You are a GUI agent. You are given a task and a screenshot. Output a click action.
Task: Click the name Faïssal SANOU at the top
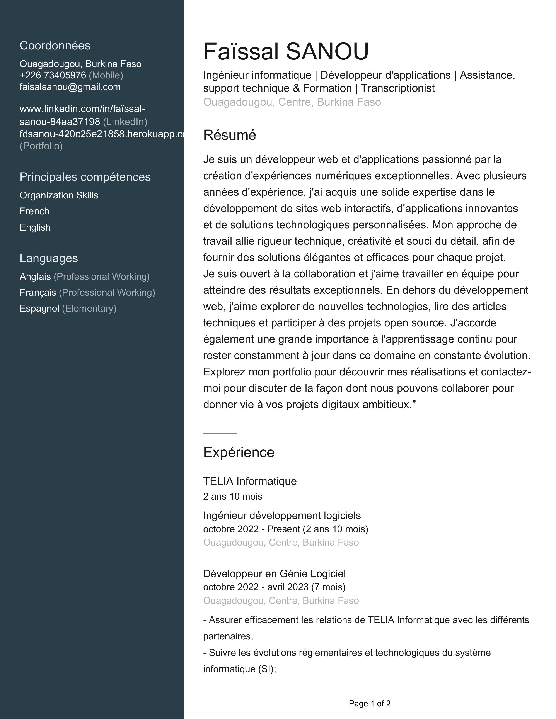point(286,52)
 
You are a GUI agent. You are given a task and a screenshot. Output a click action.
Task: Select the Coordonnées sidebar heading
point(55,46)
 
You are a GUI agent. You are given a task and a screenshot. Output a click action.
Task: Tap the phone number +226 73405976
point(53,75)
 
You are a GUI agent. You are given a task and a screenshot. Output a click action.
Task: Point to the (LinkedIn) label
point(125,122)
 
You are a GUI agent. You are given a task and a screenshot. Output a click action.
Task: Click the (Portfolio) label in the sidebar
point(41,146)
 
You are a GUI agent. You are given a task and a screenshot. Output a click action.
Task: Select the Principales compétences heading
point(85,177)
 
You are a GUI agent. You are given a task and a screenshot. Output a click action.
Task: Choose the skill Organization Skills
point(59,195)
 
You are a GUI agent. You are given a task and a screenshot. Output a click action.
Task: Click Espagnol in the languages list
point(39,309)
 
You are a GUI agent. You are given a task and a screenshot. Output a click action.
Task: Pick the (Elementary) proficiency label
point(89,309)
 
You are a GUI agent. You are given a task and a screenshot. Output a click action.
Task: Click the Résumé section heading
point(230,135)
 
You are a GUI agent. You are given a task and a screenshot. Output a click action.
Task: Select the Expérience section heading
point(239,452)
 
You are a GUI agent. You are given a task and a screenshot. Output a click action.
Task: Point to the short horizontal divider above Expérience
point(220,433)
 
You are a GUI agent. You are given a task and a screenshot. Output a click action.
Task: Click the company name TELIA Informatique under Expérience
point(250,481)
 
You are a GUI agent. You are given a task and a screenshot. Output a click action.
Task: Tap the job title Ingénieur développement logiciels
point(282,516)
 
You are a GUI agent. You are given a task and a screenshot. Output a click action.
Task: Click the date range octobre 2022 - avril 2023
point(256,587)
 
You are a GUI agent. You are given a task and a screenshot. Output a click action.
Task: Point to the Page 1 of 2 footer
point(370,704)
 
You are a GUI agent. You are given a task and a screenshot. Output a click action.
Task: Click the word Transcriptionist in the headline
point(397,88)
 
